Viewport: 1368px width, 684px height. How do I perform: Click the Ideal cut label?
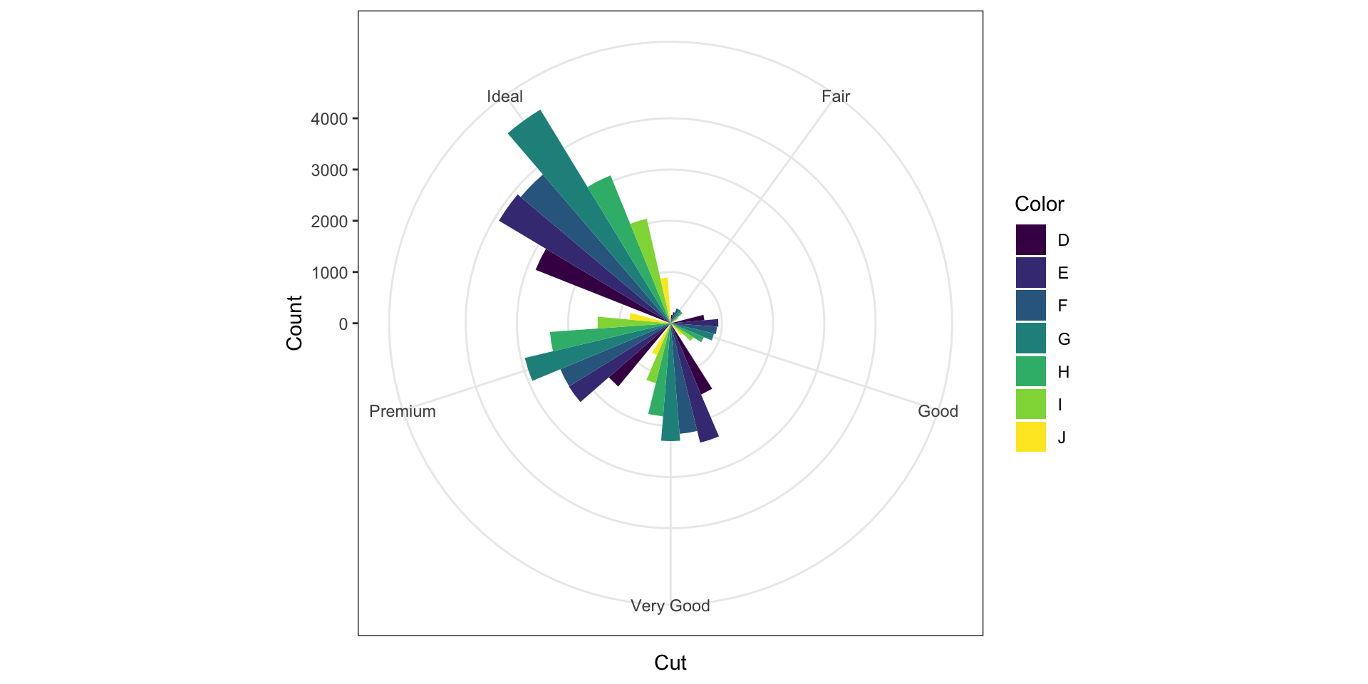(x=504, y=96)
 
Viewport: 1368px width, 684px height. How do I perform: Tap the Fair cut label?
(x=835, y=96)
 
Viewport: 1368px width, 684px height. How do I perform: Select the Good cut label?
(x=938, y=411)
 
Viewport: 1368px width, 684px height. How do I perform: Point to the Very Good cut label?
(x=670, y=606)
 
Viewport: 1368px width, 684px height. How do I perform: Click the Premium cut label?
(x=403, y=411)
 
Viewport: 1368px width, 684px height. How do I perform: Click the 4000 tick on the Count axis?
(x=329, y=119)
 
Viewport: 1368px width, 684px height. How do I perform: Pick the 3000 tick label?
(x=329, y=170)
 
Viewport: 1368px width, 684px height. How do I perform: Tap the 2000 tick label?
(x=329, y=222)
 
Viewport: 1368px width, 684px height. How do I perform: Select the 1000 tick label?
(x=329, y=273)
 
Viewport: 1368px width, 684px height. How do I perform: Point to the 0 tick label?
(x=343, y=324)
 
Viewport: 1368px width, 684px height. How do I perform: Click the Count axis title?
(x=294, y=323)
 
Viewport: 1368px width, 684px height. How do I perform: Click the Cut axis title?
(x=670, y=663)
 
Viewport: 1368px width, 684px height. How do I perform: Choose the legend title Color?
(x=1039, y=204)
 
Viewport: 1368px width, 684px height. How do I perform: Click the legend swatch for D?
(x=1030, y=240)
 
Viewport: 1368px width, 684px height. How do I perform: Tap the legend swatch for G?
(x=1030, y=338)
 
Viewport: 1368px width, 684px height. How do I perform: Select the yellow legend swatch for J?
(x=1030, y=437)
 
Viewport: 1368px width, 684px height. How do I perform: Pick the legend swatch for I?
(x=1030, y=404)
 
